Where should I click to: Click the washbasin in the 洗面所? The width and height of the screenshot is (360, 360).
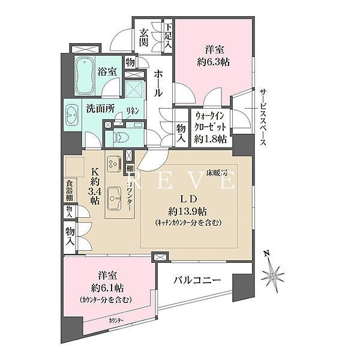pyautogui.click(x=72, y=114)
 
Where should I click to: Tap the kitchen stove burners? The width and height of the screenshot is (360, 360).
pyautogui.click(x=113, y=164)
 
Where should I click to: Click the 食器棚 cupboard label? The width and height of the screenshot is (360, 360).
pyautogui.click(x=70, y=190)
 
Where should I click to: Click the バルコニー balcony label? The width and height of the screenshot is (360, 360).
pyautogui.click(x=197, y=281)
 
